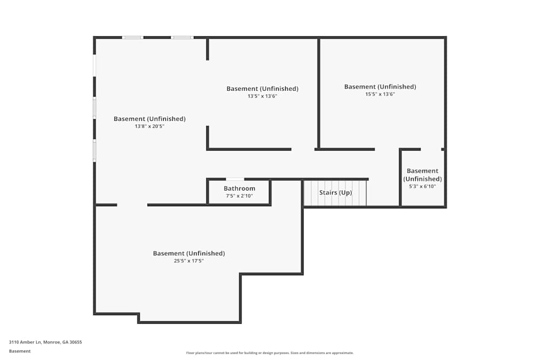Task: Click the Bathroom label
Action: (x=239, y=188)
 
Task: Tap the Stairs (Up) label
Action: (x=335, y=193)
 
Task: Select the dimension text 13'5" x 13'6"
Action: (x=262, y=96)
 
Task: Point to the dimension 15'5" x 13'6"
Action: (x=380, y=94)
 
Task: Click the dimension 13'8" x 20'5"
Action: (x=150, y=126)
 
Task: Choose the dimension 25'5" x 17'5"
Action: (x=188, y=261)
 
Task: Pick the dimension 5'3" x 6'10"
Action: (x=422, y=186)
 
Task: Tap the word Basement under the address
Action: (x=20, y=351)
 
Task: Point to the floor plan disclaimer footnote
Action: (x=270, y=353)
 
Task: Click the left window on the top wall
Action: (x=132, y=38)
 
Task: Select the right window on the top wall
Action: (x=182, y=38)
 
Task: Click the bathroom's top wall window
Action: (x=234, y=179)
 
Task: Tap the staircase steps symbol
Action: (x=335, y=200)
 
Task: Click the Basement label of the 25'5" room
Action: (x=188, y=253)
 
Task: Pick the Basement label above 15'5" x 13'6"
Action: (x=380, y=86)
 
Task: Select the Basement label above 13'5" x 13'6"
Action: (x=262, y=89)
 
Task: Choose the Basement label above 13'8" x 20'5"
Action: (x=150, y=119)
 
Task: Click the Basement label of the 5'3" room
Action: (x=422, y=175)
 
